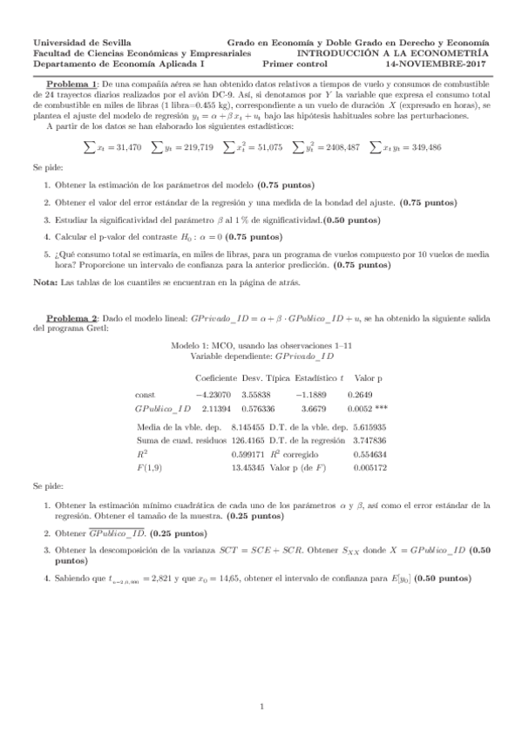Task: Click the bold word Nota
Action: pos(43,283)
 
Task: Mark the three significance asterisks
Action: pos(381,407)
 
